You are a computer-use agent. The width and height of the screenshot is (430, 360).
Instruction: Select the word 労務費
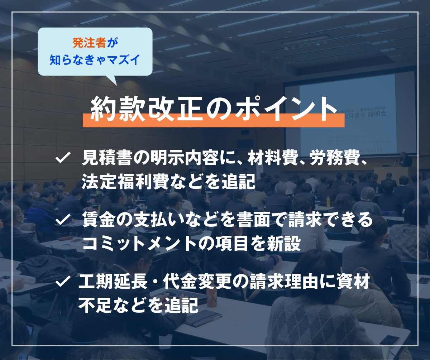point(335,158)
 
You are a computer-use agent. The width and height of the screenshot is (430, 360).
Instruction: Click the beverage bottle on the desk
point(211,297)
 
